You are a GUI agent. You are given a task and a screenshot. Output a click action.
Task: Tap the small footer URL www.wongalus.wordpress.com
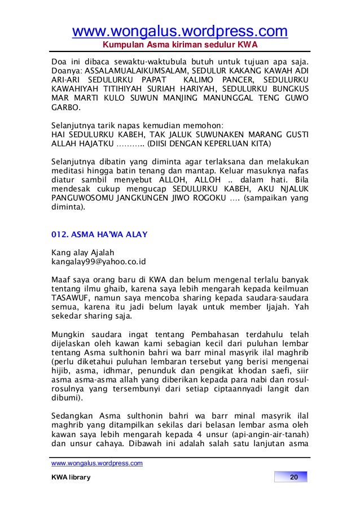click(96, 464)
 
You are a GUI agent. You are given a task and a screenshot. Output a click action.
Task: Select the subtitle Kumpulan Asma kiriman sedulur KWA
click(179, 45)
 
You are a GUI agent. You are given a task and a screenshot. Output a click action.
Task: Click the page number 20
click(293, 478)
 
